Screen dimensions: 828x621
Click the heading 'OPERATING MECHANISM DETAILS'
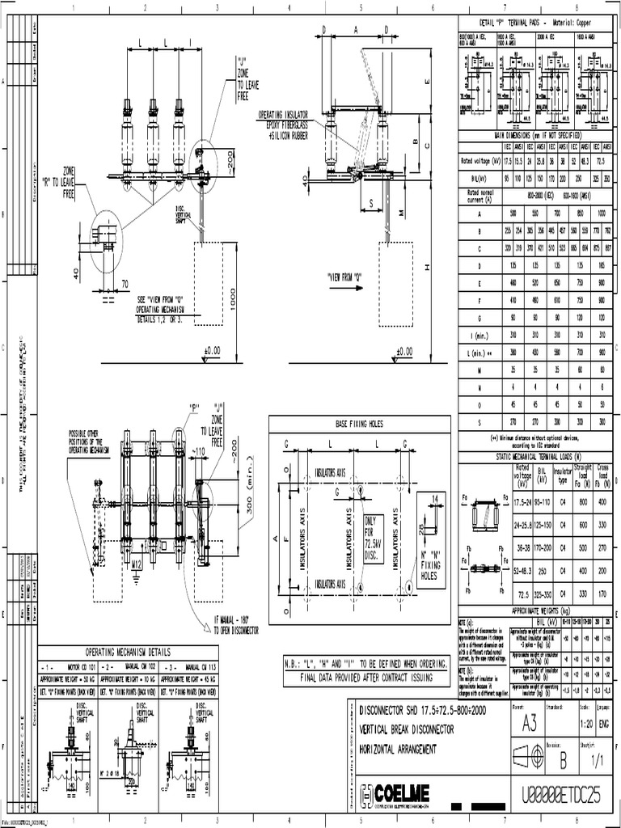(x=129, y=652)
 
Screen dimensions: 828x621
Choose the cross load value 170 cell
(x=603, y=593)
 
